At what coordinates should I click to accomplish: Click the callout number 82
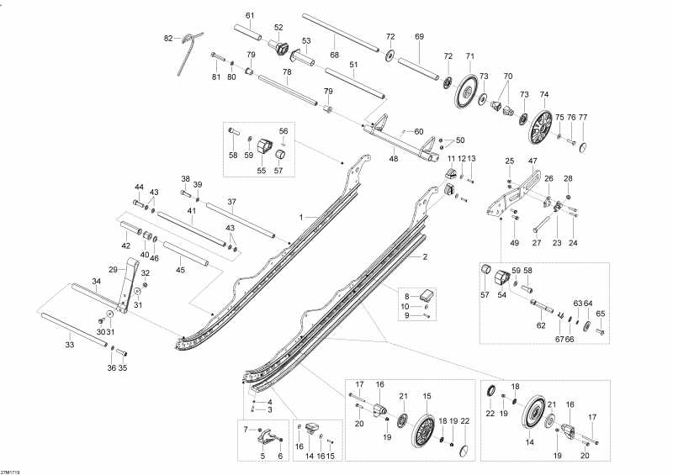[168, 38]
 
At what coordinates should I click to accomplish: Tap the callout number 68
[334, 55]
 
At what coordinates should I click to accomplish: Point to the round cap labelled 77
[582, 146]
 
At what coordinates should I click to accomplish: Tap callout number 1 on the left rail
[299, 217]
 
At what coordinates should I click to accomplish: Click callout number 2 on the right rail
[425, 257]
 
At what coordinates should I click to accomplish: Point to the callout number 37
[231, 202]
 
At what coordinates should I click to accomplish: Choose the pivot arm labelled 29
[129, 286]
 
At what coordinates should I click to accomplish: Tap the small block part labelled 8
[427, 295]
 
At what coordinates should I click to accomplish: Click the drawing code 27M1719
[10, 470]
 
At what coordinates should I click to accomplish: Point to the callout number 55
[260, 171]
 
